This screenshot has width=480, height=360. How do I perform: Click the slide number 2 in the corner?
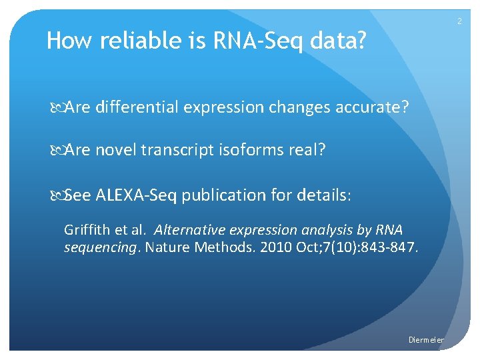pyautogui.click(x=459, y=22)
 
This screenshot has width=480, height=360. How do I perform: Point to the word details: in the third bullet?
pyautogui.click(x=329, y=195)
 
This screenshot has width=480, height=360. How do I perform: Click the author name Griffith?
pyautogui.click(x=85, y=230)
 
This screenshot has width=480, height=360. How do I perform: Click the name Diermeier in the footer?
pyautogui.click(x=426, y=340)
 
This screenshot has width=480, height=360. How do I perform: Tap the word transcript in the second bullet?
pyautogui.click(x=178, y=150)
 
